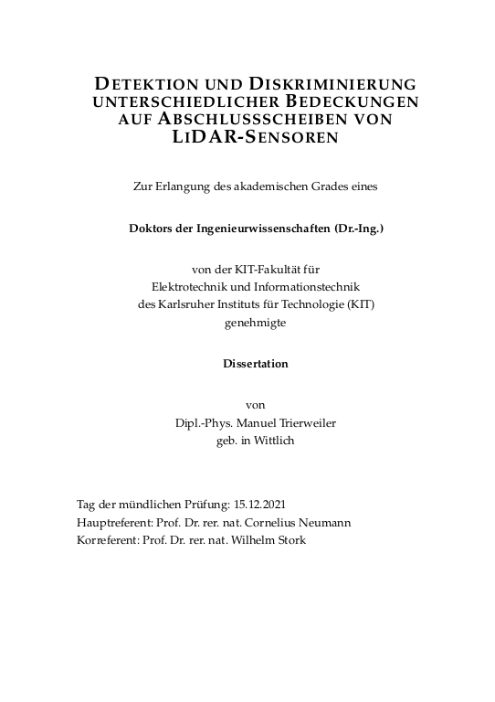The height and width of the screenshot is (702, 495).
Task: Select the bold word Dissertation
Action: coord(255,363)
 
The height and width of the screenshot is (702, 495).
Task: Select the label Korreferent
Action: coord(105,539)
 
